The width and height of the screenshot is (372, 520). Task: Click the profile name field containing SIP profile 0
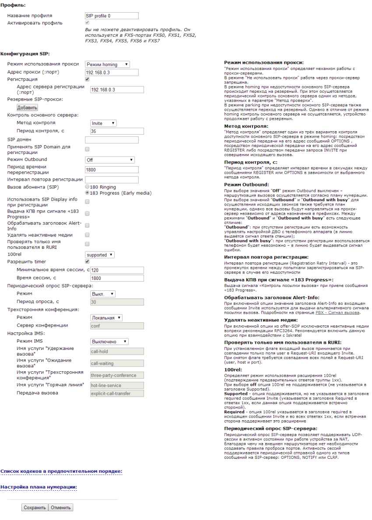(x=112, y=16)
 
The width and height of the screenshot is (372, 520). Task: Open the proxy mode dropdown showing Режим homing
(x=107, y=64)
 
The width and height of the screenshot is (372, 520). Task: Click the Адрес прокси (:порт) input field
(x=112, y=72)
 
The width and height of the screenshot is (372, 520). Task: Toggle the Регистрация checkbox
(x=87, y=80)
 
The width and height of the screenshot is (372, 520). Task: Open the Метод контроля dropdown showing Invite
(x=103, y=123)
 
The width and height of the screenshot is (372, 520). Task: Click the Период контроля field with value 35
(x=117, y=131)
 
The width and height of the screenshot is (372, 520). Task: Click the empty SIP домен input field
(x=112, y=140)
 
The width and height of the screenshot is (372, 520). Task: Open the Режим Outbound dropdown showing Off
(x=109, y=160)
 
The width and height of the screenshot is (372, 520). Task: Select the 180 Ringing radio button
(x=88, y=187)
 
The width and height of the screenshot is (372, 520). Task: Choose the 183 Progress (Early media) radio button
(x=88, y=193)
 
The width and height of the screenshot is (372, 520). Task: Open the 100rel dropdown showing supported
(x=99, y=255)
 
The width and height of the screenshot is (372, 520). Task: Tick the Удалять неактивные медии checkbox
(x=87, y=235)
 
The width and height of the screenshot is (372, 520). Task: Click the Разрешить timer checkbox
(x=87, y=262)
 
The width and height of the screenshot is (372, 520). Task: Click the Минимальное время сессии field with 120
(x=117, y=270)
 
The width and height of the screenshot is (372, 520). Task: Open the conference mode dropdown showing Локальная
(x=106, y=318)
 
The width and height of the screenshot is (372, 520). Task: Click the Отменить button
(x=60, y=508)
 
